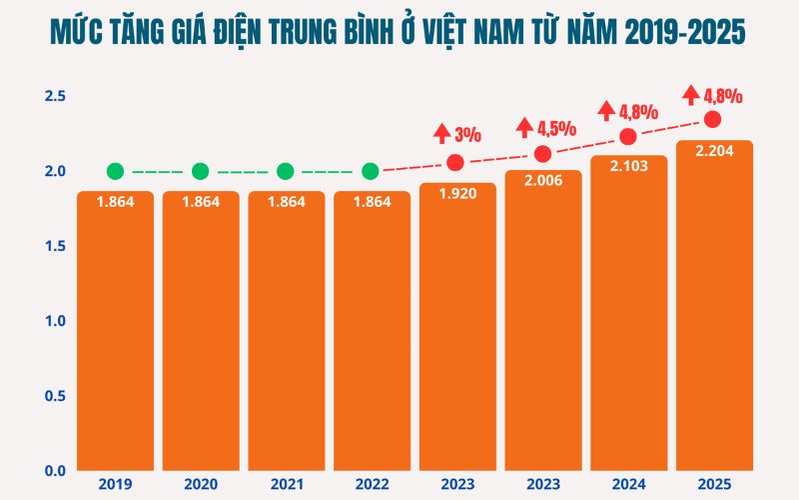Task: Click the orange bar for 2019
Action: point(115,330)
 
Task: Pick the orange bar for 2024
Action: point(628,320)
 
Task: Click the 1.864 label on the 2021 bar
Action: point(286,202)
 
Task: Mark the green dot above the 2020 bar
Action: point(200,171)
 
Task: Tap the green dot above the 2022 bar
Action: point(371,171)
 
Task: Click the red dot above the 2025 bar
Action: point(713,120)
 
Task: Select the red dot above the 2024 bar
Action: point(628,137)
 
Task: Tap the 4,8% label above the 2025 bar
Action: point(722,96)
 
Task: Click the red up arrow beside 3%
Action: point(442,132)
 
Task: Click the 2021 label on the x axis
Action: point(286,485)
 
